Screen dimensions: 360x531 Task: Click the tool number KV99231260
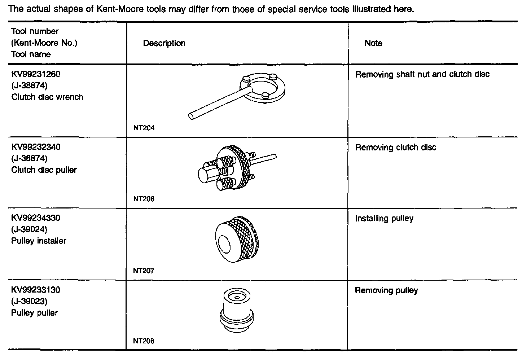click(36, 74)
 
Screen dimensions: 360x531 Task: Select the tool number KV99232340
click(36, 147)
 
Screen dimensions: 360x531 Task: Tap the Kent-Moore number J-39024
click(29, 229)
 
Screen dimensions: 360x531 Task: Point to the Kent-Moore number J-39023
click(29, 301)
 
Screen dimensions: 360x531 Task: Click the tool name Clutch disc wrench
click(47, 97)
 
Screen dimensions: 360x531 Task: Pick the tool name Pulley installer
click(39, 241)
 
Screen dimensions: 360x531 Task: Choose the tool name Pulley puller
click(34, 313)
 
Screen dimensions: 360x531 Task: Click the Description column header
click(164, 43)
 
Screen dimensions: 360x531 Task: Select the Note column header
click(373, 43)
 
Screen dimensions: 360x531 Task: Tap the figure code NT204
click(144, 128)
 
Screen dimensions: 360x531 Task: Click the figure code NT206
click(144, 199)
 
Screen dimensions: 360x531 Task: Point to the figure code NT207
click(144, 271)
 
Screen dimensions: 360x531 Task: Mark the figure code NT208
click(144, 341)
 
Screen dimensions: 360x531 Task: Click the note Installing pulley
click(384, 219)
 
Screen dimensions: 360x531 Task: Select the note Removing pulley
click(386, 291)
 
